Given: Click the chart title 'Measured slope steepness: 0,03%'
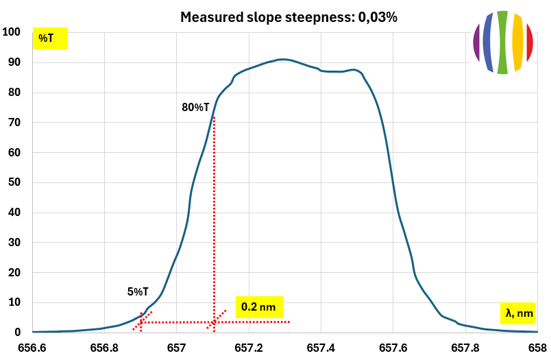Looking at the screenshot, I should click(x=289, y=17).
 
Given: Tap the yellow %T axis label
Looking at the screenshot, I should click(x=50, y=38).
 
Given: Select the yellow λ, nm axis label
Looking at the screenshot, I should click(x=517, y=313).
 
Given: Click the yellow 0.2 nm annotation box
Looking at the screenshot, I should click(x=259, y=307).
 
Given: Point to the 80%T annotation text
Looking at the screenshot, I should click(x=195, y=107).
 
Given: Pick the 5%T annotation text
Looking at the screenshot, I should click(x=138, y=291).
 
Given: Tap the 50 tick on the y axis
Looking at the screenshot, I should click(x=14, y=182).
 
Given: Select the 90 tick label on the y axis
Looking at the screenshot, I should click(x=14, y=62).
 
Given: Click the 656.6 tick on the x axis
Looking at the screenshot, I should click(x=32, y=347).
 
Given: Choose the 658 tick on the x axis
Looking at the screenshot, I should click(x=537, y=347).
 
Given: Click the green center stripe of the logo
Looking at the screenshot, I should click(x=502, y=42).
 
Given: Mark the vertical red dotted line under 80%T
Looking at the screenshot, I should click(x=214, y=219).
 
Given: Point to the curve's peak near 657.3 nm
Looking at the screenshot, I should click(x=281, y=60).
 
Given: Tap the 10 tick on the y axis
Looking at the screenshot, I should click(x=14, y=302).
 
